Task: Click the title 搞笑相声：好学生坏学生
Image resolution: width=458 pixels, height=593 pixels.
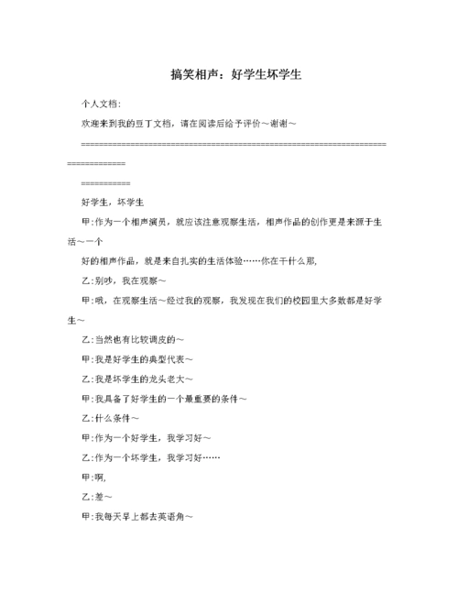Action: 229,74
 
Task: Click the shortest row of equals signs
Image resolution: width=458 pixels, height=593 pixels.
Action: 105,182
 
